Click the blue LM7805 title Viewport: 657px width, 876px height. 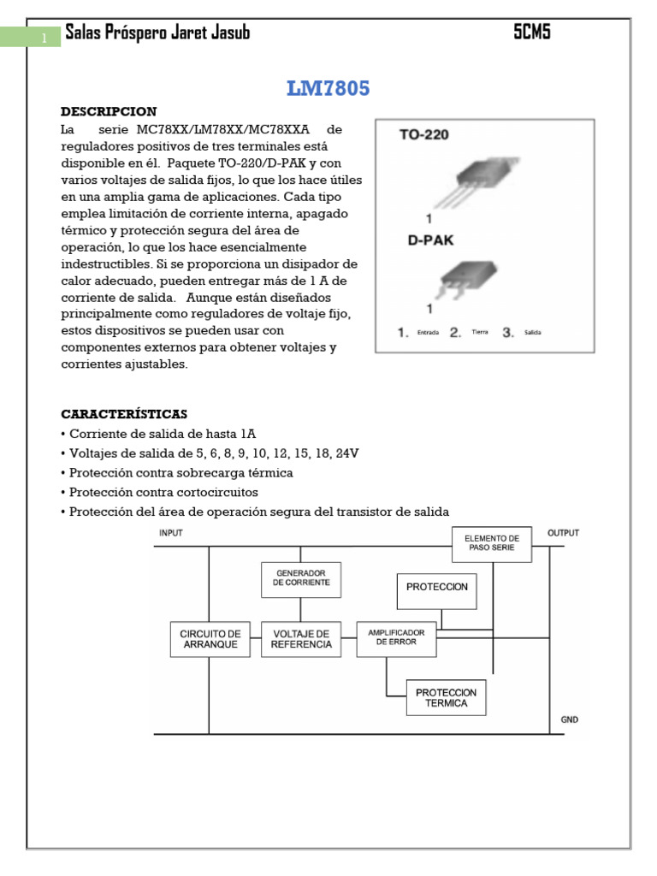click(x=328, y=88)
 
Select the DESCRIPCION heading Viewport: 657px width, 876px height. click(x=109, y=112)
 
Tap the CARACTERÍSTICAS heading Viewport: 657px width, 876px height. click(x=124, y=414)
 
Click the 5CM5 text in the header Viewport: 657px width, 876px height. click(x=532, y=33)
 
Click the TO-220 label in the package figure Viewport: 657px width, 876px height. click(x=424, y=134)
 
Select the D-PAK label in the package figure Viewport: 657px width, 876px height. click(x=429, y=240)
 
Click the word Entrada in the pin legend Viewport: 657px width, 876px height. click(x=429, y=333)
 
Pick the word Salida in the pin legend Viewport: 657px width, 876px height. click(x=532, y=333)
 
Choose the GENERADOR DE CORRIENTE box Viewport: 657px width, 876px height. click(x=301, y=579)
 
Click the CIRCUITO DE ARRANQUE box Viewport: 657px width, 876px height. click(x=210, y=639)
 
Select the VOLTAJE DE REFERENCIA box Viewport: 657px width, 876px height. click(x=301, y=639)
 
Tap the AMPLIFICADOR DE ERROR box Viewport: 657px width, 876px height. click(x=396, y=637)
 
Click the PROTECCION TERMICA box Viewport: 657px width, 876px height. click(x=446, y=697)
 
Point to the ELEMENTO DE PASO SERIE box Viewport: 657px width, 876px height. click(x=492, y=543)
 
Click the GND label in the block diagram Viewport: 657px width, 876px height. click(x=569, y=719)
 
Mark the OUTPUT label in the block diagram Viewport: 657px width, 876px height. click(x=563, y=533)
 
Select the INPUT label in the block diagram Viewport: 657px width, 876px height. click(x=171, y=533)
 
